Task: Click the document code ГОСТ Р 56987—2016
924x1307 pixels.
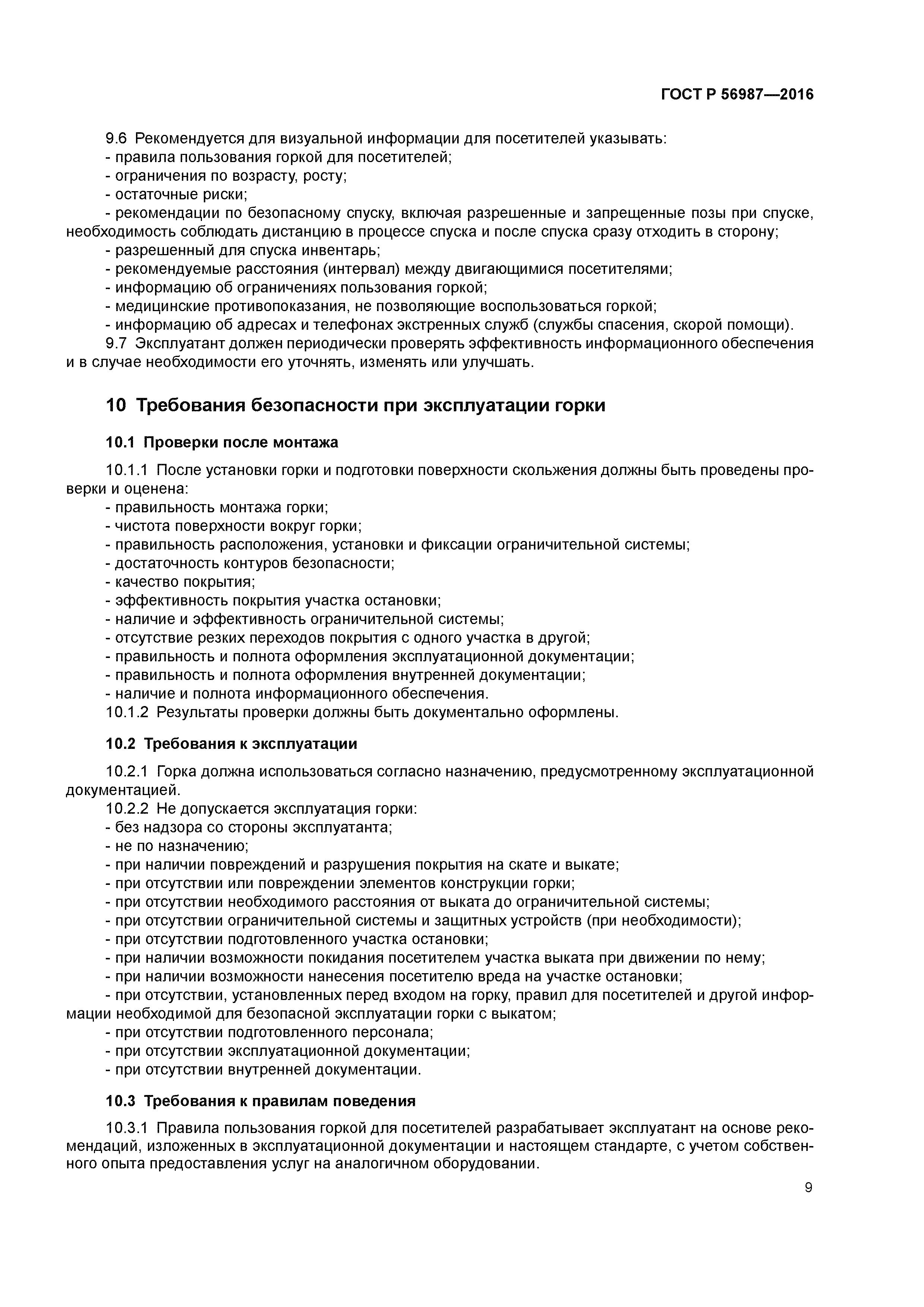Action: coord(737,95)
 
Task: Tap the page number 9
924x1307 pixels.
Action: coord(808,1187)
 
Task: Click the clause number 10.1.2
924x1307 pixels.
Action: coord(127,712)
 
